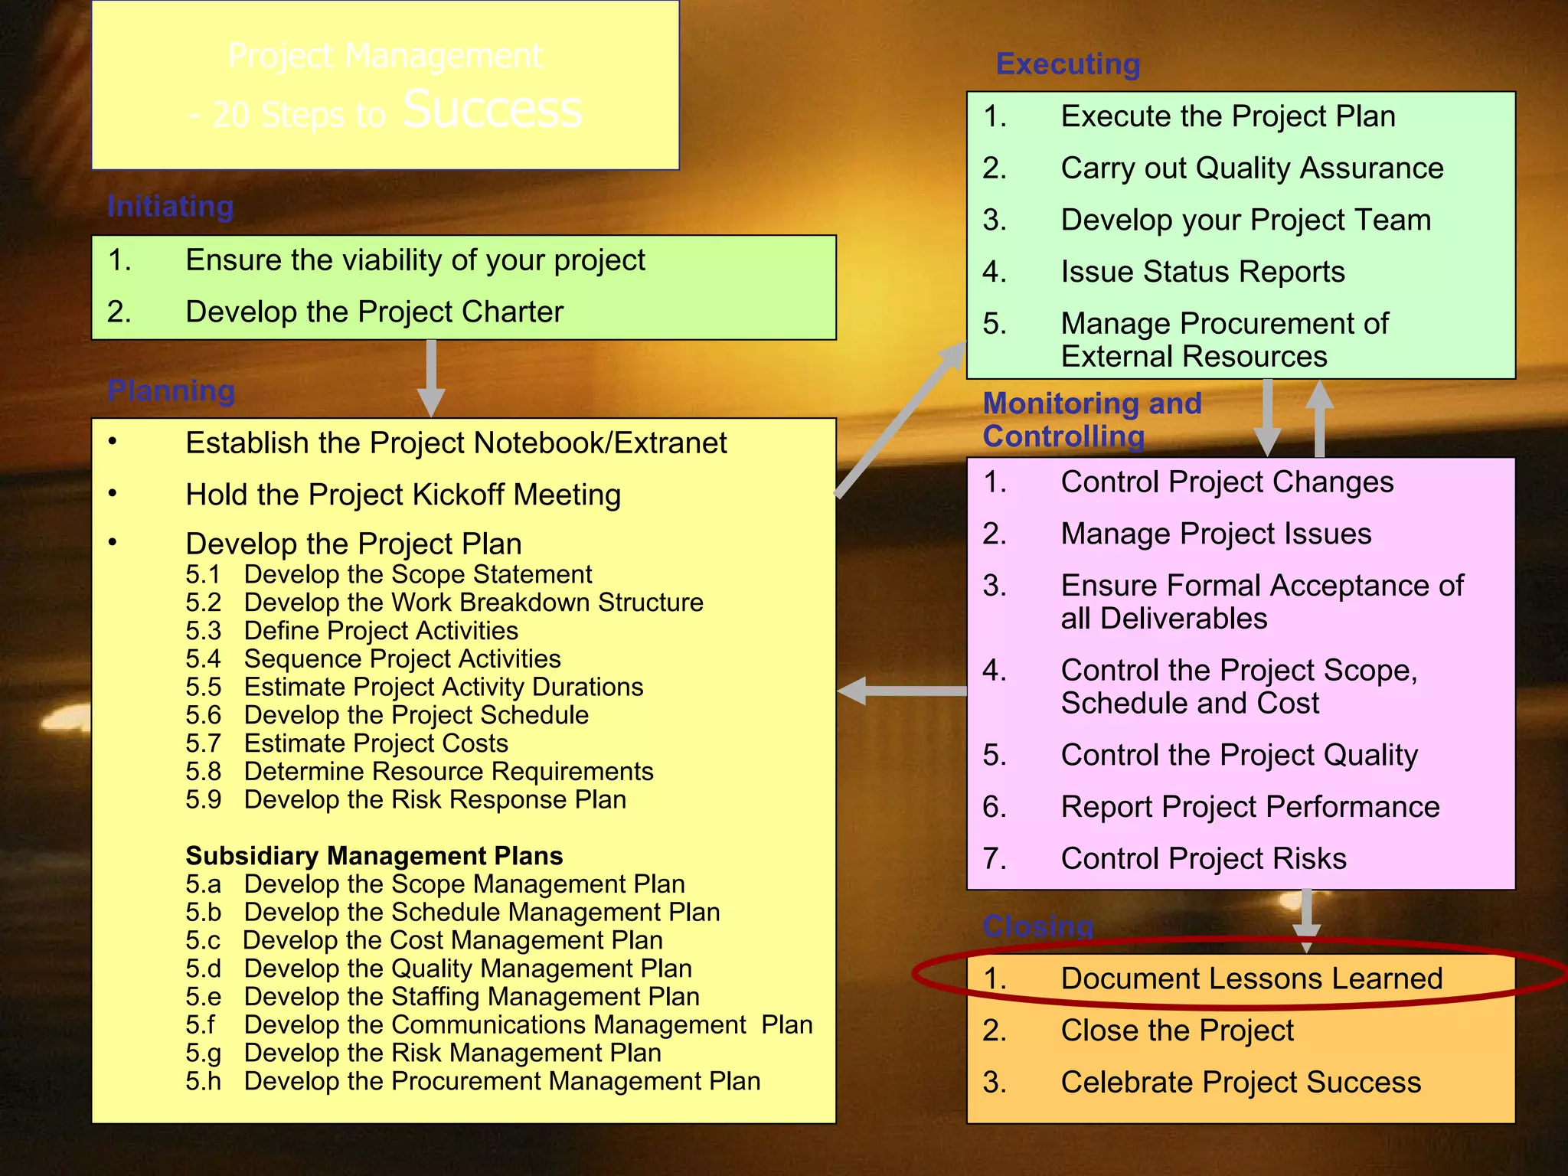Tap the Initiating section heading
[x=170, y=207]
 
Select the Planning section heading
[x=171, y=390]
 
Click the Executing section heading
[x=1067, y=64]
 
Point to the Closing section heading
[x=1037, y=926]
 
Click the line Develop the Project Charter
[x=374, y=312]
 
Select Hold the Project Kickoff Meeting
[x=403, y=495]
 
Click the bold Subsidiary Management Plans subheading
[x=374, y=856]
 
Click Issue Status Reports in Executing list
[x=1202, y=272]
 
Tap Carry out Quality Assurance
[x=1252, y=168]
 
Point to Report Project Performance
[x=1249, y=807]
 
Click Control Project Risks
[x=1203, y=859]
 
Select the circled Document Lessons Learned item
[x=1251, y=978]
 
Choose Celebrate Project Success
[x=1240, y=1083]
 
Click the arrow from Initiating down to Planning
[x=431, y=379]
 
